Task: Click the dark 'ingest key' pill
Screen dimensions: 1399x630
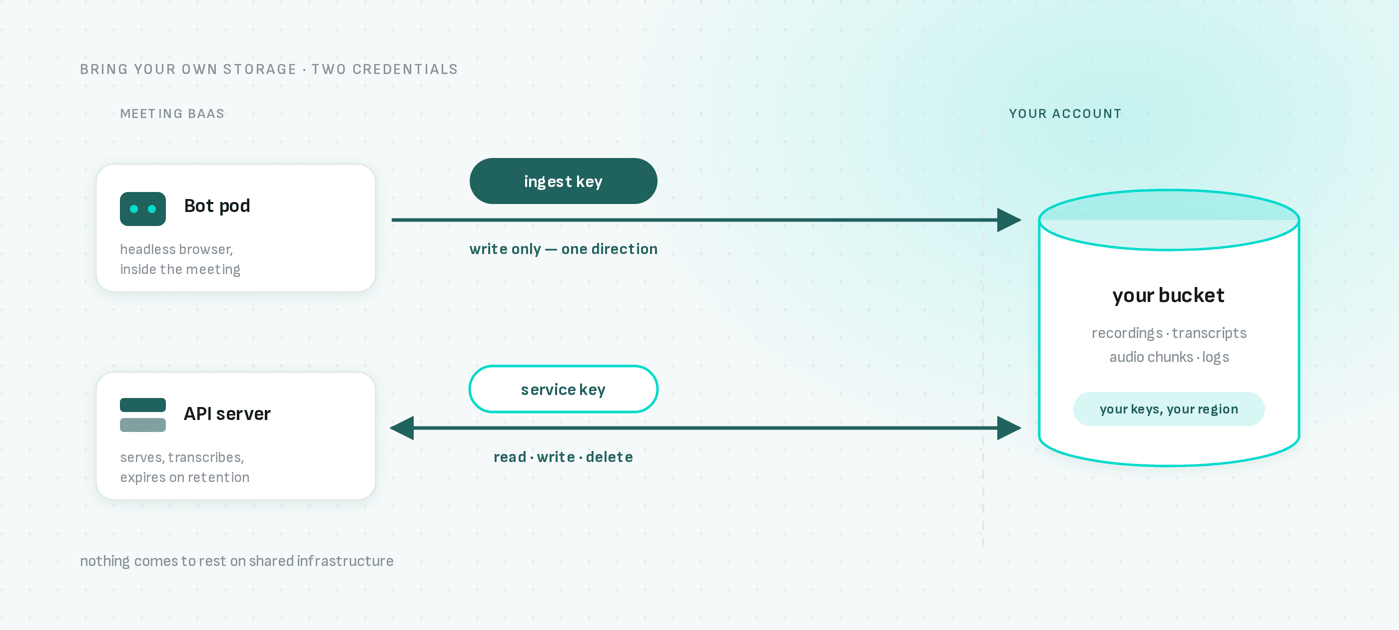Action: pyautogui.click(x=563, y=181)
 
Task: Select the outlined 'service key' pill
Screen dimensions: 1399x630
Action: pyautogui.click(x=563, y=389)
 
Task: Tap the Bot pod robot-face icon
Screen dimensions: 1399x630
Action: pyautogui.click(x=143, y=208)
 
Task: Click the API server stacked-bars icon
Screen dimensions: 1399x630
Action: pyautogui.click(x=143, y=414)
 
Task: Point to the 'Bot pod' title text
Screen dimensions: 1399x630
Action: pyautogui.click(x=217, y=206)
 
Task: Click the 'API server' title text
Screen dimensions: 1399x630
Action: pyautogui.click(x=227, y=413)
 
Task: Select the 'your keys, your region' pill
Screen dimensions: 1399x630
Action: pyautogui.click(x=1169, y=409)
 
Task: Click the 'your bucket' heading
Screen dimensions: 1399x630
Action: pyautogui.click(x=1168, y=295)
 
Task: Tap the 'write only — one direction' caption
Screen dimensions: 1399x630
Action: pyautogui.click(x=563, y=249)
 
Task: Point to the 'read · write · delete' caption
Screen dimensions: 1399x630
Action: pyautogui.click(x=563, y=456)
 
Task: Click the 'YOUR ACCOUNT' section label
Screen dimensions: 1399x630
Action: pyautogui.click(x=1065, y=113)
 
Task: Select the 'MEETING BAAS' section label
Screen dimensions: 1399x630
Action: pyautogui.click(x=172, y=113)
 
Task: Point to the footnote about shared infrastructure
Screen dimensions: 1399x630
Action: pyautogui.click(x=237, y=561)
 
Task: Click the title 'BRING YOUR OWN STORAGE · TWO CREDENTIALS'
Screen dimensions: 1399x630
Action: pyautogui.click(x=269, y=69)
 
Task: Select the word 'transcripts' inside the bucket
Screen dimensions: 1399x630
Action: pyautogui.click(x=1209, y=332)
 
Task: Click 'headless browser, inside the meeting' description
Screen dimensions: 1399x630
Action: pyautogui.click(x=180, y=259)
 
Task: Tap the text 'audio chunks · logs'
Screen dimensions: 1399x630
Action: pyautogui.click(x=1169, y=357)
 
